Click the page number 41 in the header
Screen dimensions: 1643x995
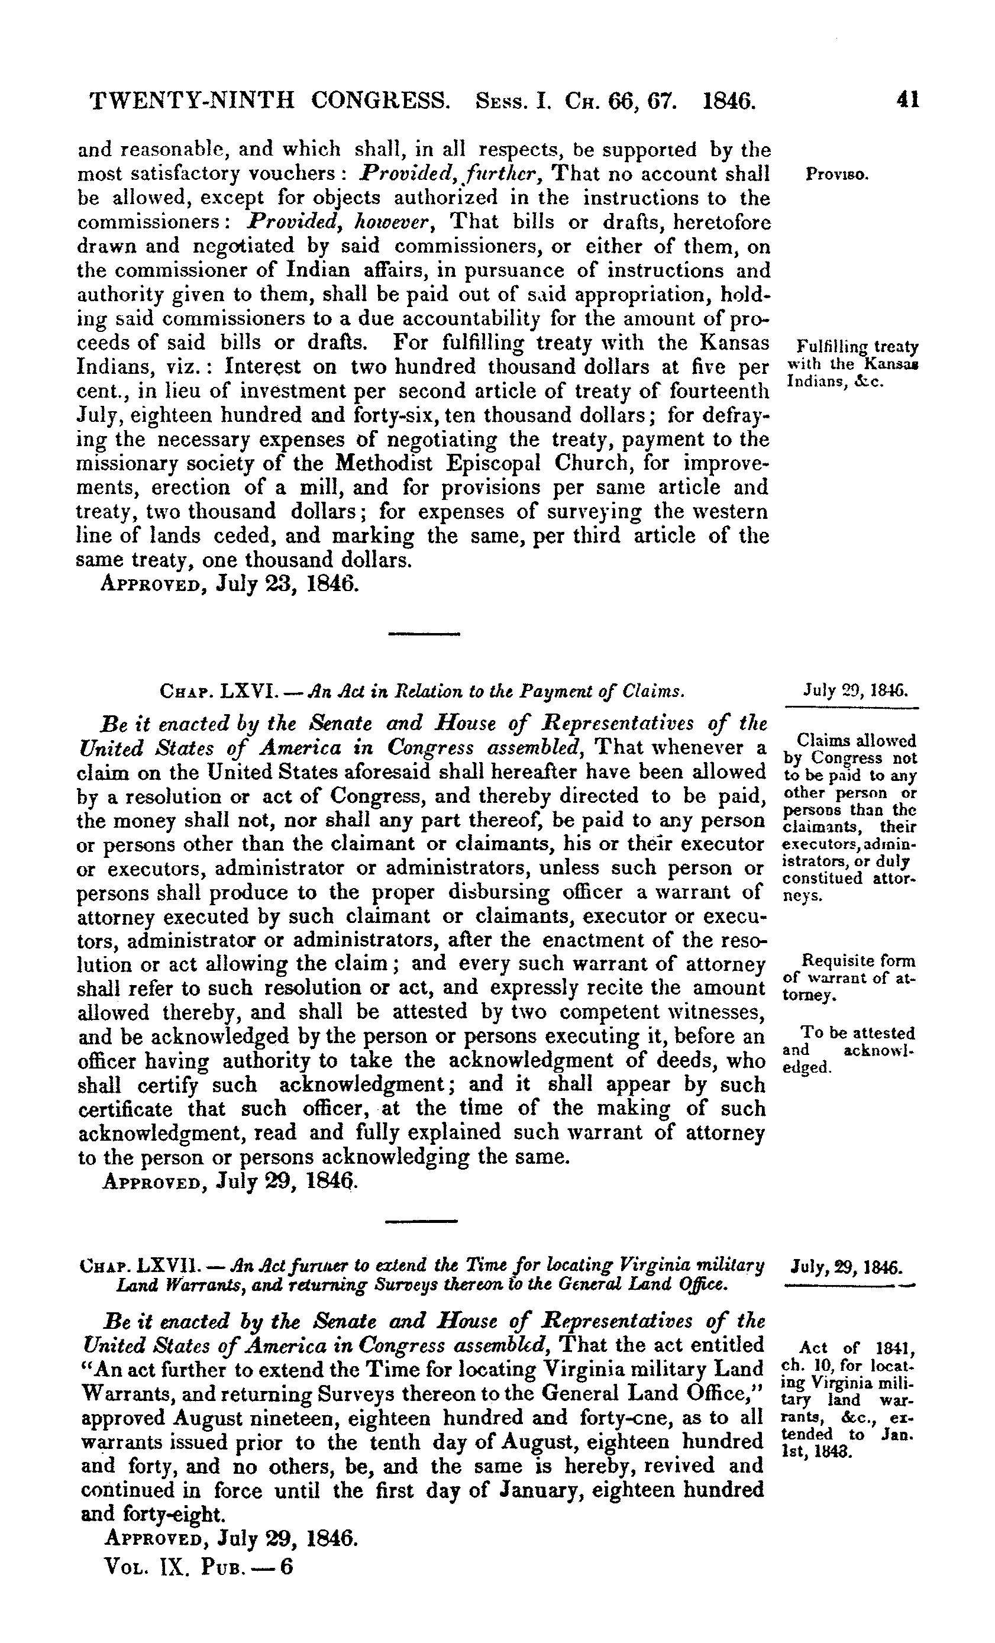[907, 100]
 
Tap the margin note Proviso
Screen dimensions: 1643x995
[836, 175]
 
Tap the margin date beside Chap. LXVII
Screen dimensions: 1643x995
[847, 1265]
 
